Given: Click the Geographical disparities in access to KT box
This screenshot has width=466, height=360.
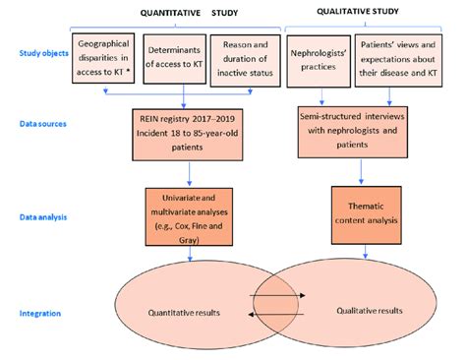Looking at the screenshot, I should click(x=104, y=60).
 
